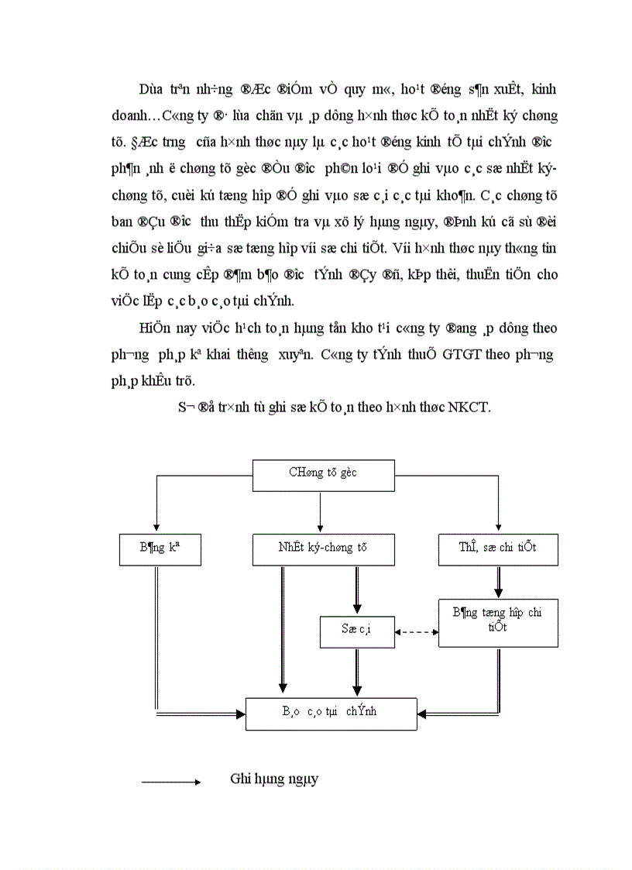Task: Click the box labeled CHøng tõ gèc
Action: tap(324, 476)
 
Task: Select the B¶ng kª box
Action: tap(160, 548)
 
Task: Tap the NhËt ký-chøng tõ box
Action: tap(324, 548)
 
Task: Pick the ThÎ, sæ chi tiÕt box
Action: tap(498, 548)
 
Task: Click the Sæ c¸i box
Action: tap(356, 631)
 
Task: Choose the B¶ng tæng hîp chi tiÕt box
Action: tap(498, 623)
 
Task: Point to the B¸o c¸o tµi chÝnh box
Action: tap(331, 712)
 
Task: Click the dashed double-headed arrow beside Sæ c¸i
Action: tap(417, 632)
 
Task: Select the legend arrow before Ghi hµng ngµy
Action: tap(171, 782)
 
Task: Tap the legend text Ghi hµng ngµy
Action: tap(274, 779)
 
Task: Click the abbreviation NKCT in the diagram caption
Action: tap(469, 408)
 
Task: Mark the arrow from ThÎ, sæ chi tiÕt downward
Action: tap(498, 582)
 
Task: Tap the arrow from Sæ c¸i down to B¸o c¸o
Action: tap(356, 672)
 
